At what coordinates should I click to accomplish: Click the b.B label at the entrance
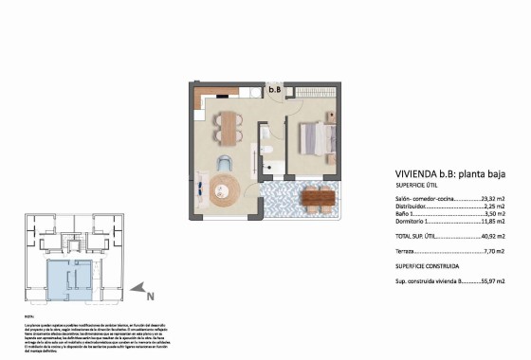click(x=275, y=90)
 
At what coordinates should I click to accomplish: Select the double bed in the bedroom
click(x=314, y=139)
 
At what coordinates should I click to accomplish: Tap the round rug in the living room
click(x=228, y=191)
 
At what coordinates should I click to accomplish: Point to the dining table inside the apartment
click(x=228, y=123)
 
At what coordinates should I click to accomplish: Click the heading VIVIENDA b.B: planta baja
click(x=450, y=174)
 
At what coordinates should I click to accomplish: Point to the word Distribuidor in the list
click(x=413, y=207)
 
